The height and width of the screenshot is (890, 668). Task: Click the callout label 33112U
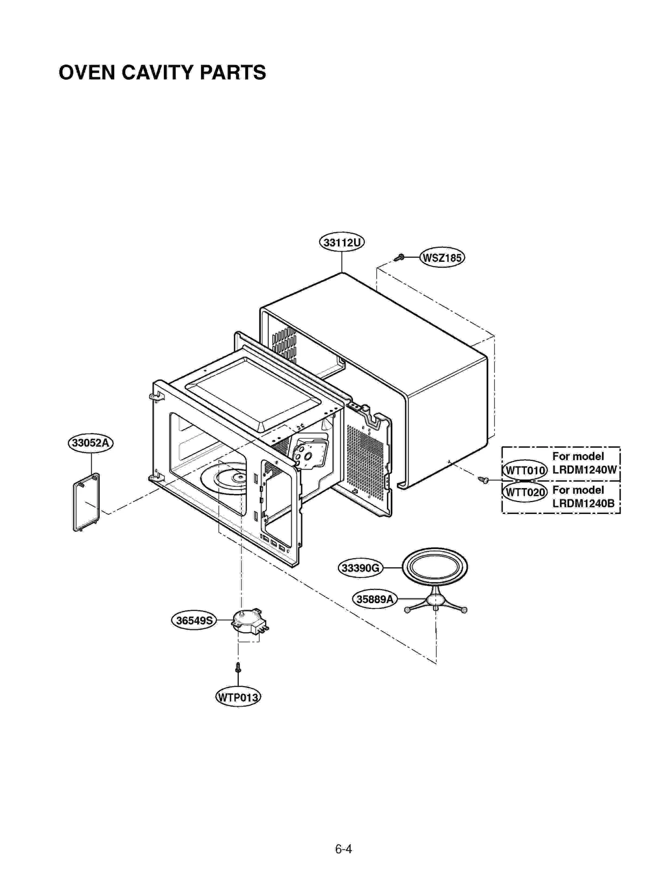point(342,243)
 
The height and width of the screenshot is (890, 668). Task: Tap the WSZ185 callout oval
point(442,258)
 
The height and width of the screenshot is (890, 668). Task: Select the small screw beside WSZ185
point(400,257)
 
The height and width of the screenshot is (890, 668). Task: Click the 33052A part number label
point(91,442)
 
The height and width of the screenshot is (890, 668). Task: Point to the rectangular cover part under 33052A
point(86,502)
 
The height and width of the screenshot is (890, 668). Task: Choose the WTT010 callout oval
point(525,470)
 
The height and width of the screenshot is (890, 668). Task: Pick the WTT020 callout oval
point(525,492)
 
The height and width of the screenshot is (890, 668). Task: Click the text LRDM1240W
point(584,470)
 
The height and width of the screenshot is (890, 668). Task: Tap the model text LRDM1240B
point(583,503)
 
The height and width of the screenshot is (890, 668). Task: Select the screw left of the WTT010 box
point(484,480)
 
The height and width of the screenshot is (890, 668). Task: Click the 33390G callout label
point(360,568)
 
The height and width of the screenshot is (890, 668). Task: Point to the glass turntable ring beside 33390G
point(435,567)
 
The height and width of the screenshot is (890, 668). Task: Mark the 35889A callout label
point(374,599)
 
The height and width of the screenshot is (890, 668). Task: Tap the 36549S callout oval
point(194,620)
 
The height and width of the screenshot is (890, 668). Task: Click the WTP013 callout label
point(238,697)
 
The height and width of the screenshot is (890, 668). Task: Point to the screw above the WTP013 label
point(238,667)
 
